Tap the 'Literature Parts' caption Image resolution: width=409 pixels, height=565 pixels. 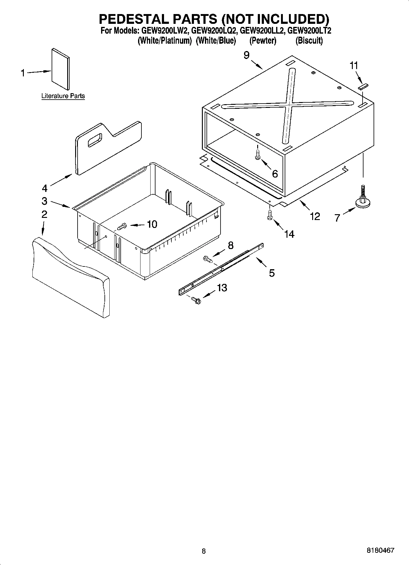click(63, 96)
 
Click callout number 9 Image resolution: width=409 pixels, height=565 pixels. click(246, 55)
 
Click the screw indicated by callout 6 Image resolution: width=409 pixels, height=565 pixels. click(257, 154)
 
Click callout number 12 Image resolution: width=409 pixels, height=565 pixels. click(315, 216)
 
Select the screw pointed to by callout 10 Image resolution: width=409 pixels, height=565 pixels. click(122, 227)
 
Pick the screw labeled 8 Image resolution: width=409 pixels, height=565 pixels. click(207, 260)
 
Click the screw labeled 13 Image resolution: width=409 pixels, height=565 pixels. click(196, 300)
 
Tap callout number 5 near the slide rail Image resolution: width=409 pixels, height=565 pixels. click(272, 273)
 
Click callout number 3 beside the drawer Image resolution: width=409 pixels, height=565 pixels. click(45, 201)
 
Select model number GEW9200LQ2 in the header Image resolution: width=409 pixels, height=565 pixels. click(214, 31)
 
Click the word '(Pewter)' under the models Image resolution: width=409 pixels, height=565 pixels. click(263, 41)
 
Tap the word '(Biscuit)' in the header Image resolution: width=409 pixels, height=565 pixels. click(309, 41)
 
